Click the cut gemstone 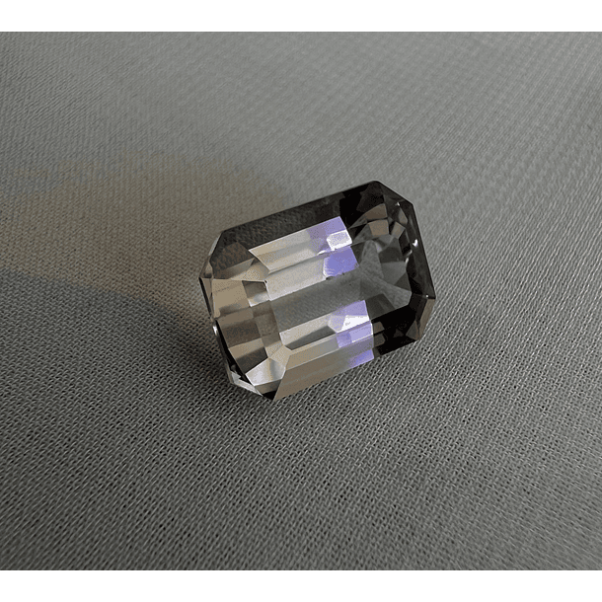tap(316, 286)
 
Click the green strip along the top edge tap(301, 15)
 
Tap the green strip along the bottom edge tap(301, 586)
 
